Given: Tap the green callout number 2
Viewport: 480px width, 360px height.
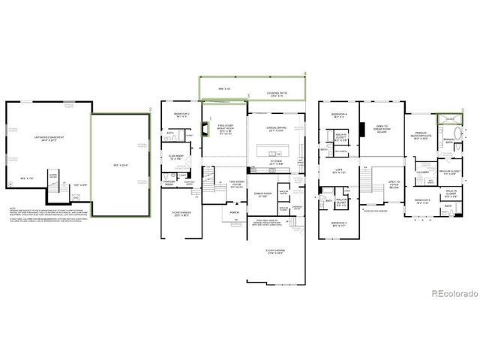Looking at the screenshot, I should click(x=151, y=110).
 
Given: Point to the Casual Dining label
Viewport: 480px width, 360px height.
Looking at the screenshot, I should click(x=275, y=130).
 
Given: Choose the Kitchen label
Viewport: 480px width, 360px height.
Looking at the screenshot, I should click(x=275, y=162).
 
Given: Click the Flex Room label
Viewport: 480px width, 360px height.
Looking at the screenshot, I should click(x=177, y=158).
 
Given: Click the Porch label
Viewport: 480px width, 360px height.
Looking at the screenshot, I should click(x=235, y=211).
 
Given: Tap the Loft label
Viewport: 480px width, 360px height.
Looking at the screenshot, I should click(x=339, y=172).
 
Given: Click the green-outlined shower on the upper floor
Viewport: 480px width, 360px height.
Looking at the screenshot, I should click(x=450, y=118).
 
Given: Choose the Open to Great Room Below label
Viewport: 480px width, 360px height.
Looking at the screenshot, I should click(x=382, y=129).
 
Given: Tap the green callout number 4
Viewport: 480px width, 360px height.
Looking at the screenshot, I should click(x=305, y=73).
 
